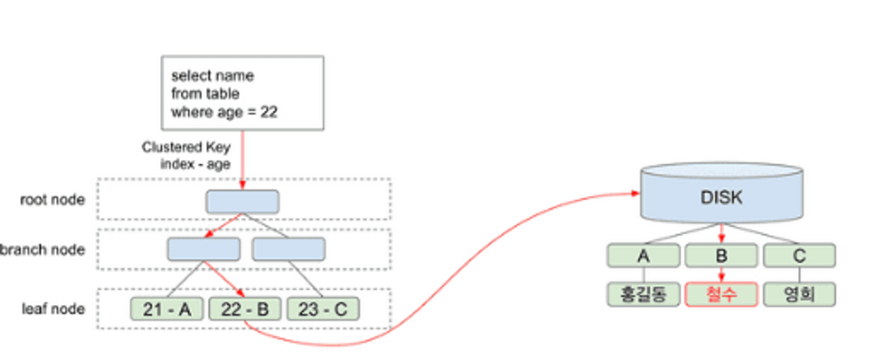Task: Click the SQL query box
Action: click(243, 93)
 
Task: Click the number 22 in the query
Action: click(269, 112)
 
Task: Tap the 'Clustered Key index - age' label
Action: click(186, 156)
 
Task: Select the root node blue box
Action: click(243, 202)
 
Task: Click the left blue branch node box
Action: click(204, 249)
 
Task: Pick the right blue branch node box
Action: click(289, 249)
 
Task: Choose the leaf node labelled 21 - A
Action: click(167, 309)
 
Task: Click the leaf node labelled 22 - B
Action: click(245, 309)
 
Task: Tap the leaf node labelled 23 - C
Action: click(323, 309)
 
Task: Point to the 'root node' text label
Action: click(53, 200)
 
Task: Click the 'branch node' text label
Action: click(43, 250)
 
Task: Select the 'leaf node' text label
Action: click(53, 309)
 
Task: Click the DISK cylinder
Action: click(722, 193)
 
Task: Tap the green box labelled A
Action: click(644, 255)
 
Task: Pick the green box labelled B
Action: click(722, 255)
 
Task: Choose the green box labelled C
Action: click(800, 255)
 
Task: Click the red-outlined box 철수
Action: click(722, 294)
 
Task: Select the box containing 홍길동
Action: click(644, 294)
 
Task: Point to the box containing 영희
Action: click(800, 294)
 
